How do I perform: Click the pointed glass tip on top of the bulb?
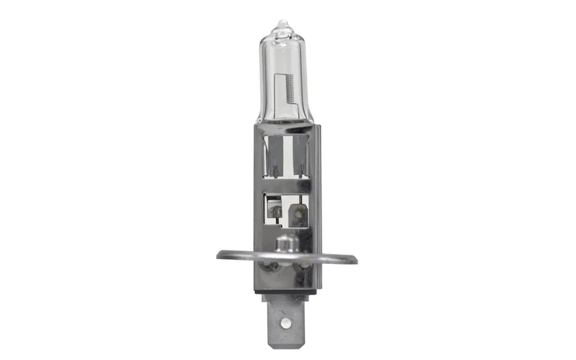point(282,25)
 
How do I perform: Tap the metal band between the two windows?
point(287,185)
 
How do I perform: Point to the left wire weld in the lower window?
point(277,211)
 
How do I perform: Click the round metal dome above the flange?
point(286,244)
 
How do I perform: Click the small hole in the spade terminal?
point(287,323)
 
